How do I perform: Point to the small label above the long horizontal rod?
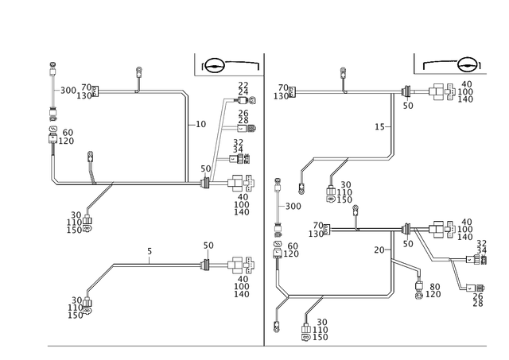tap(149, 252)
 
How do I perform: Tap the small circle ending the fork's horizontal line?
tap(390, 296)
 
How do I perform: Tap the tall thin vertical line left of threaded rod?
tap(186, 135)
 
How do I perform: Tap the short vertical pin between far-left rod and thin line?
tap(140, 79)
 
